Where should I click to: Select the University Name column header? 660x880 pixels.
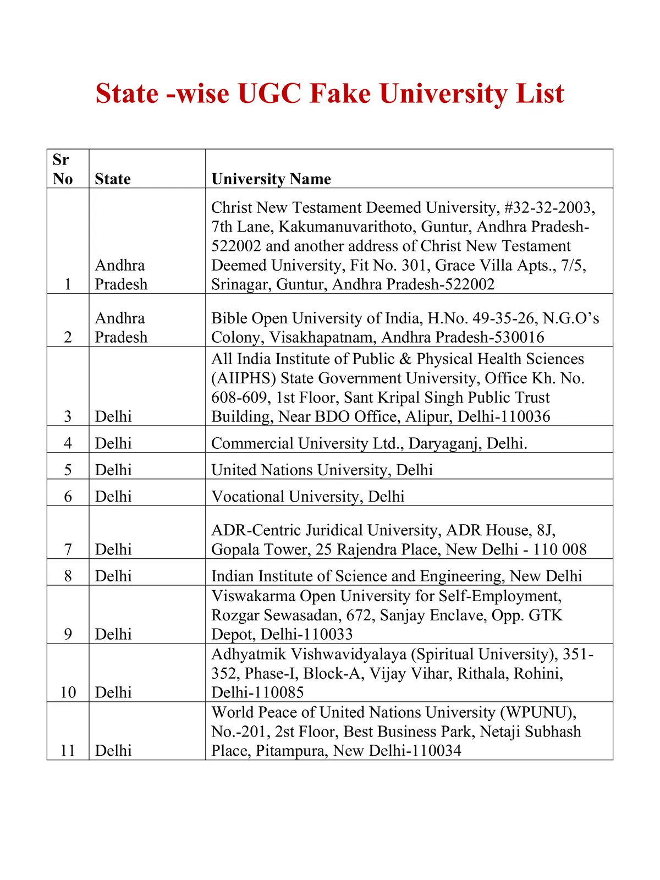271,179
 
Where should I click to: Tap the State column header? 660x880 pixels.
113,179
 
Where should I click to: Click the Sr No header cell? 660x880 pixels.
63,169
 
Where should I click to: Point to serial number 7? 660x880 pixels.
68,549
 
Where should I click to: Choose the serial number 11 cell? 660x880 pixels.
68,751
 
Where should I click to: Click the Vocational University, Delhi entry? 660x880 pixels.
308,497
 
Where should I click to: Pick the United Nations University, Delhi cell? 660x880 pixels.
322,470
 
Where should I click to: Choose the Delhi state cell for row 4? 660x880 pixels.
113,443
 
